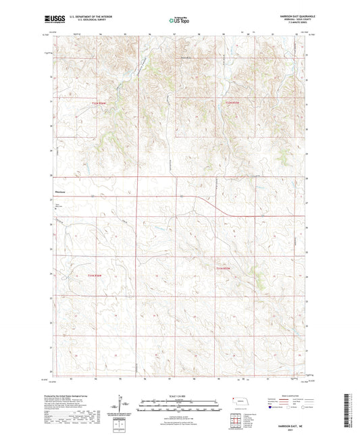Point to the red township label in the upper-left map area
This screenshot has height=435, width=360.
click(98, 102)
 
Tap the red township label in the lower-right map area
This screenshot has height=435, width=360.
click(224, 268)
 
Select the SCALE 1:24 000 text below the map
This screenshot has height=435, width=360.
click(178, 395)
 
